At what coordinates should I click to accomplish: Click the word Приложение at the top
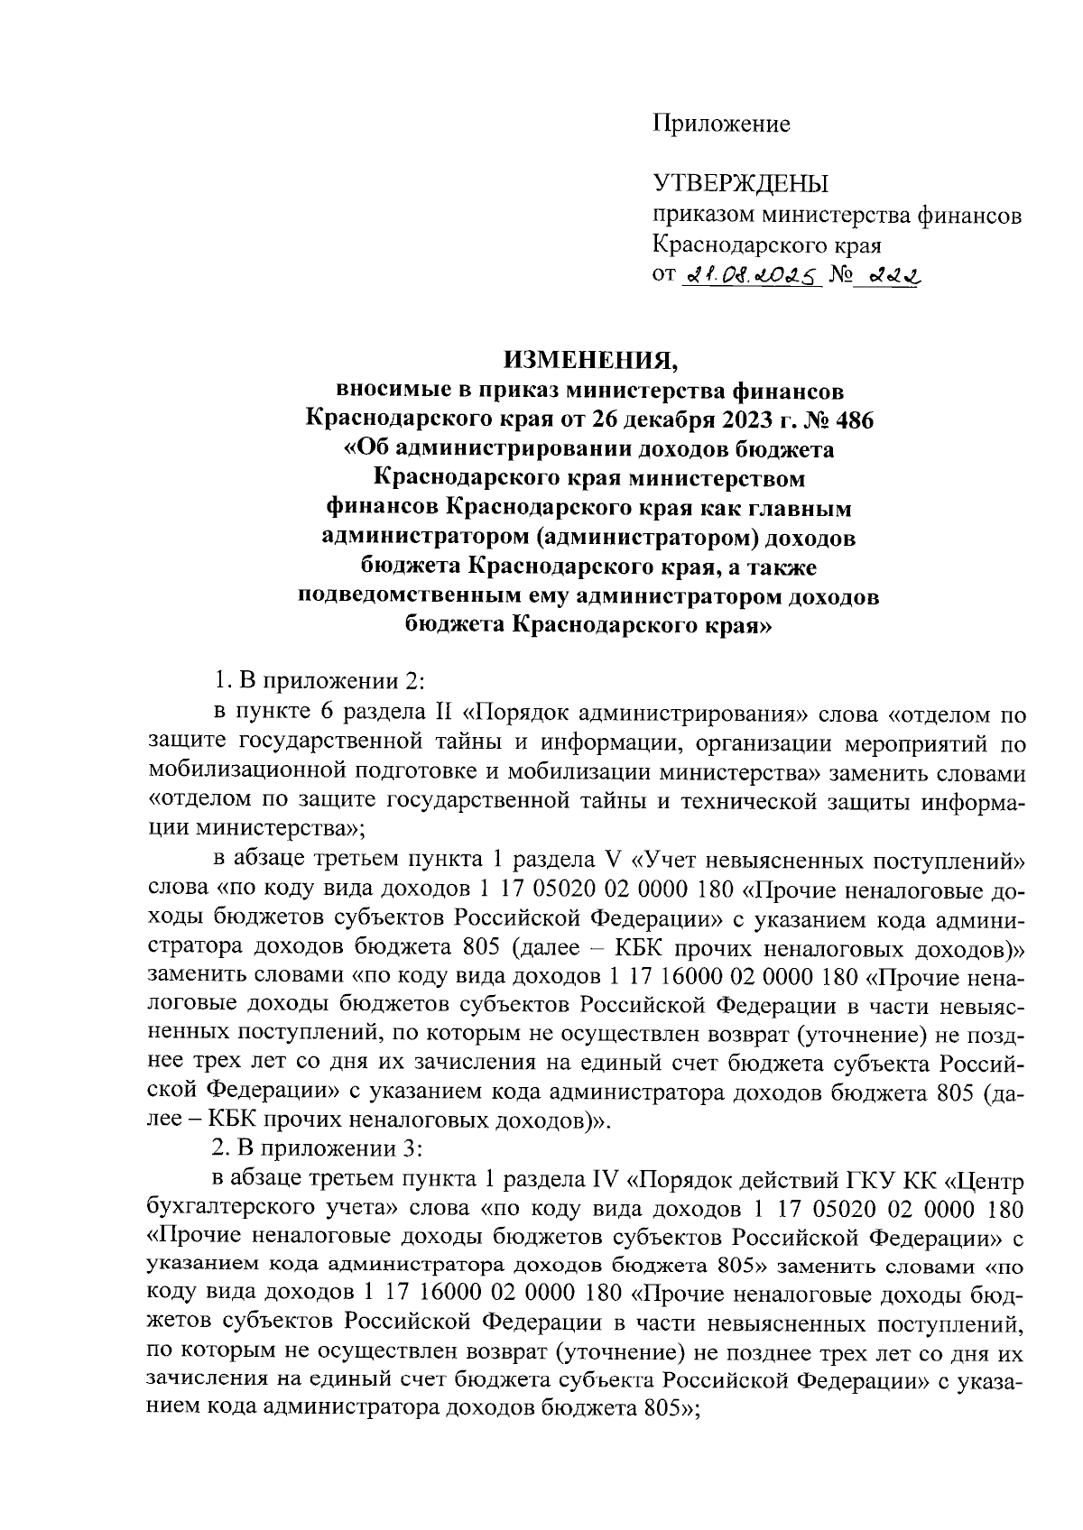tap(721, 124)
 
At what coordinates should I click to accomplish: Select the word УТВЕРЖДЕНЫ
tap(741, 185)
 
